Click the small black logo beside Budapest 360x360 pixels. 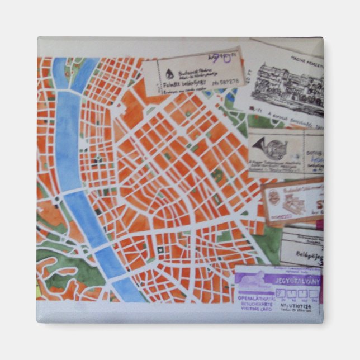click(x=169, y=70)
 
